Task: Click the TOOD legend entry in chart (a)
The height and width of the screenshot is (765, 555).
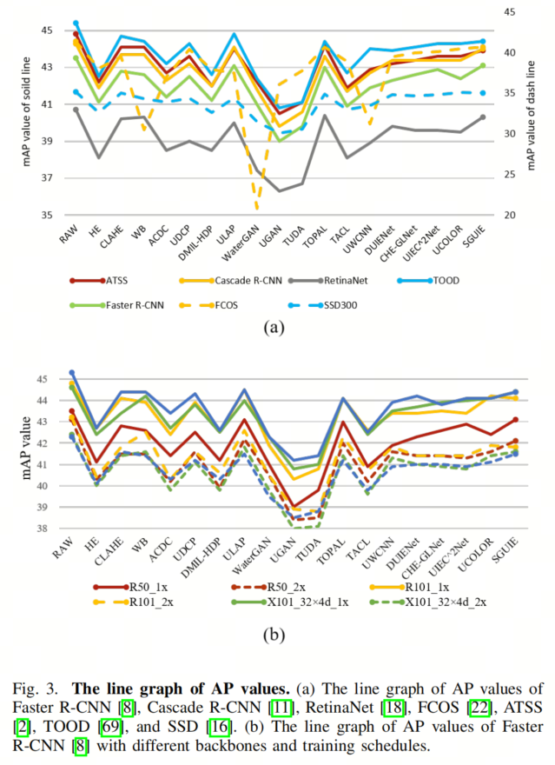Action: [x=429, y=281]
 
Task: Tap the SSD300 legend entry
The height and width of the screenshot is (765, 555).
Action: [x=322, y=305]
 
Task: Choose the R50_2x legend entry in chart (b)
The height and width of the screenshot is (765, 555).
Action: [x=268, y=587]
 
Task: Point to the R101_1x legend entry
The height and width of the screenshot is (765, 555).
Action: [x=410, y=587]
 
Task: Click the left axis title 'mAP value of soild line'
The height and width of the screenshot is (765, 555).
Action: [x=26, y=112]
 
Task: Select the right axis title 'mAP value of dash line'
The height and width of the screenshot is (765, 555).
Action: [x=531, y=116]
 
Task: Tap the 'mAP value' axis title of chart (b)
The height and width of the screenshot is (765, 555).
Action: [x=26, y=448]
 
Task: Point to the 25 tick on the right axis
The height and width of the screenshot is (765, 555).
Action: [x=510, y=174]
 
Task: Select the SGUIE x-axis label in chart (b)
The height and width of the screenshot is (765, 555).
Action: [x=505, y=550]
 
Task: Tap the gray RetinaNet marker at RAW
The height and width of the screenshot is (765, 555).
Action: [x=76, y=110]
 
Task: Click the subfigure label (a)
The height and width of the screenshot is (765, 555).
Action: [x=274, y=328]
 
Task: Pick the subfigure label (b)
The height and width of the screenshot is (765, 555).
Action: [x=274, y=635]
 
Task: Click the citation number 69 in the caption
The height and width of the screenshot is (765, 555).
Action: [x=110, y=727]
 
